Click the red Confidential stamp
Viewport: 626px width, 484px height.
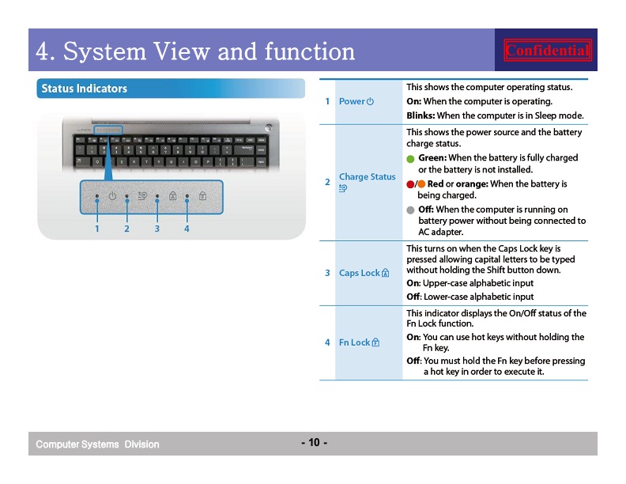(x=547, y=51)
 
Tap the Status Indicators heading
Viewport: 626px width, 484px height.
(x=85, y=89)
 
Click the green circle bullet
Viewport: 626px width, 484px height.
(x=410, y=159)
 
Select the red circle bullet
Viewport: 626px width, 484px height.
(x=410, y=184)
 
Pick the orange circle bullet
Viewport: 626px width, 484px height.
(x=421, y=184)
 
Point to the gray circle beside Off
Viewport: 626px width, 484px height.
(x=410, y=210)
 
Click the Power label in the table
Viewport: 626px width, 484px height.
(x=352, y=101)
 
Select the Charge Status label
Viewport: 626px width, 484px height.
(x=368, y=176)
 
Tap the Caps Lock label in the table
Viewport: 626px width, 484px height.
(x=360, y=273)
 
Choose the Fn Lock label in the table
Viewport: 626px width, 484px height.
(x=355, y=342)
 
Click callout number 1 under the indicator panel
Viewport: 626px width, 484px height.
(x=96, y=229)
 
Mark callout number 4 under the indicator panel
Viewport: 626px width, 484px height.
(x=187, y=229)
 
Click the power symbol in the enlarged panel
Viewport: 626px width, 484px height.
(x=112, y=195)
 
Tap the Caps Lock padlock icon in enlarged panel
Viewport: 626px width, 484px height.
(x=172, y=195)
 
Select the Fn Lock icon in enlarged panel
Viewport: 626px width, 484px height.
(x=203, y=195)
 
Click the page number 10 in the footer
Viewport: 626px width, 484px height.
(x=315, y=442)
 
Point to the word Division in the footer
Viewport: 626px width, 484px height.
(x=141, y=444)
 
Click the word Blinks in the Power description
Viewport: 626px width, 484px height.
(x=420, y=115)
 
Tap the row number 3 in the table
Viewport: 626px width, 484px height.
(x=327, y=273)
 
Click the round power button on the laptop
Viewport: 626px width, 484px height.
(x=269, y=127)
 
